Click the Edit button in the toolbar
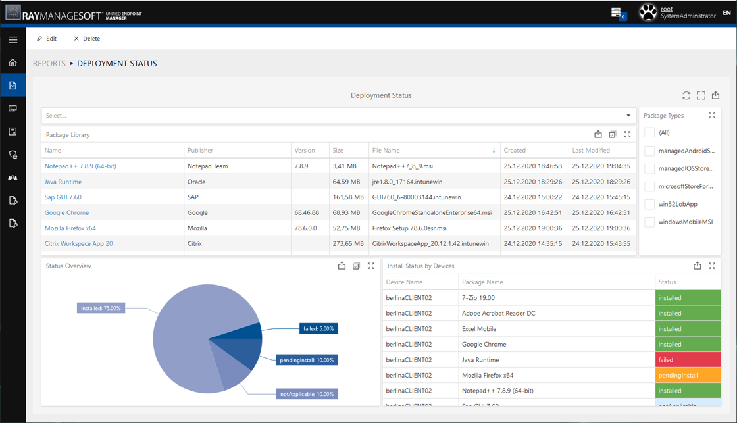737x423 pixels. [47, 39]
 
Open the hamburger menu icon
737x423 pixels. [13, 40]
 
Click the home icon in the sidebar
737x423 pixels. [13, 63]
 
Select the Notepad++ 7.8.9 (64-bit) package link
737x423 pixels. [80, 166]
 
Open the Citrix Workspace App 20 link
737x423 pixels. [78, 243]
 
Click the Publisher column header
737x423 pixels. [200, 151]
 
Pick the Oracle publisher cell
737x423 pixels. [197, 182]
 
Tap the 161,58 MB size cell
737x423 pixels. [348, 197]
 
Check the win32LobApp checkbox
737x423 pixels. [649, 205]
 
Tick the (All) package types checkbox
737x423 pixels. [649, 133]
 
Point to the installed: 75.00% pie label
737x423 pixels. [101, 308]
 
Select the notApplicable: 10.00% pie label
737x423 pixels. [307, 394]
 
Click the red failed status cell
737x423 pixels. [688, 360]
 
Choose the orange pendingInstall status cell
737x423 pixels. [688, 376]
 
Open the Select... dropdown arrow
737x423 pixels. [628, 116]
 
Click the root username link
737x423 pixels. [667, 9]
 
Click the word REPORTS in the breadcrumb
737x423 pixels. [49, 64]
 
